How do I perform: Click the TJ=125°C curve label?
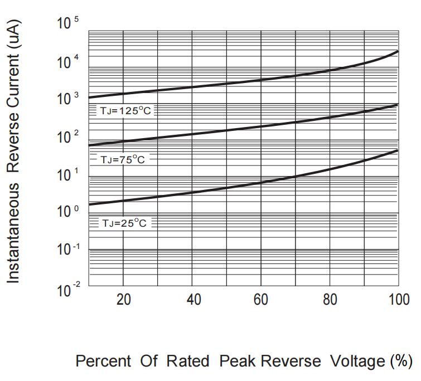pos(125,111)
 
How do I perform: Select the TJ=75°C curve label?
pos(123,160)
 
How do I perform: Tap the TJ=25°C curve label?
pos(125,223)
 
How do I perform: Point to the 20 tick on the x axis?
pos(123,299)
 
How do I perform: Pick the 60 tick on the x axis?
pos(261,299)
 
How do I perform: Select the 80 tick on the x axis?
pos(330,299)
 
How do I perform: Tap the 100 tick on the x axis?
pos(397,299)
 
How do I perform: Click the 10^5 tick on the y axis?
pos(67,24)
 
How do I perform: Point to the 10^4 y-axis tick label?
pos(67,61)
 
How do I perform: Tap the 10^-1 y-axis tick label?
pos(67,250)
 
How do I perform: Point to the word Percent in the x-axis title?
pos(103,361)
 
